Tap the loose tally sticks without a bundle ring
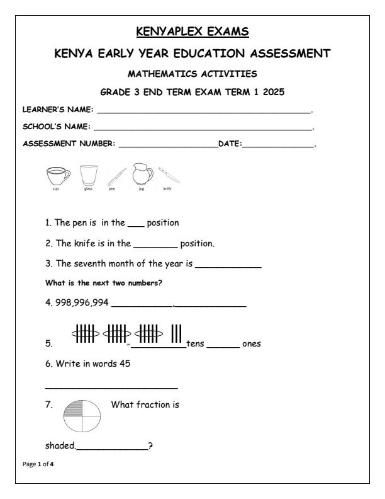click(176, 335)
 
